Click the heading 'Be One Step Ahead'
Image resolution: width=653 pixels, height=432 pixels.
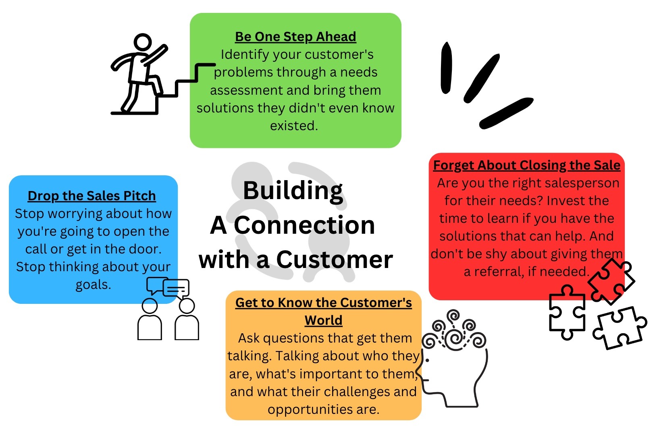pyautogui.click(x=295, y=37)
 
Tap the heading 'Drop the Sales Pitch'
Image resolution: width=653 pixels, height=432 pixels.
pyautogui.click(x=92, y=196)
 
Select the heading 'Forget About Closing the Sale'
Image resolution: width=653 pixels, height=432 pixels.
pyautogui.click(x=526, y=165)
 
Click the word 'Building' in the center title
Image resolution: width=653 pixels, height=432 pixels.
pyautogui.click(x=293, y=191)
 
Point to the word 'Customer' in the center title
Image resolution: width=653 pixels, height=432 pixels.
pyautogui.click(x=335, y=260)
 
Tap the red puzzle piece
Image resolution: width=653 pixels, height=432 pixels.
pyautogui.click(x=611, y=281)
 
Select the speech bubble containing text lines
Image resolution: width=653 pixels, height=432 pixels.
pyautogui.click(x=176, y=289)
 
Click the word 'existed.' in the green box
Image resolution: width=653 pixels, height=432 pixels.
pyautogui.click(x=294, y=126)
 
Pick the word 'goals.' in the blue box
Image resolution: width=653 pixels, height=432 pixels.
pyautogui.click(x=93, y=285)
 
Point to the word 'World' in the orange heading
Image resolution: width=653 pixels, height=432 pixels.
pyautogui.click(x=324, y=320)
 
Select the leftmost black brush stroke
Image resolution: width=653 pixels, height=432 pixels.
pyautogui.click(x=446, y=68)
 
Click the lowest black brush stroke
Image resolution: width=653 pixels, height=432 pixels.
pyautogui.click(x=506, y=113)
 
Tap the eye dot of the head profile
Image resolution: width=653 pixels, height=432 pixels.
pyautogui.click(x=427, y=361)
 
